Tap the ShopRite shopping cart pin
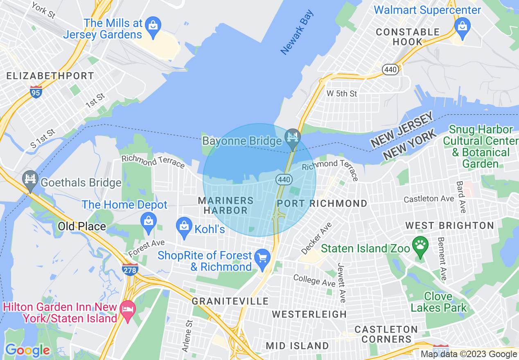coord(262,258)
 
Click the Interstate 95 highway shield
coord(36,93)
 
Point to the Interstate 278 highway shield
coord(130,269)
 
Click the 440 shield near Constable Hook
coord(390,70)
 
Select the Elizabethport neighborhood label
coord(50,76)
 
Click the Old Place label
coord(82,226)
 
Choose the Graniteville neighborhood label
coord(230,301)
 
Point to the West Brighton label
coord(449,226)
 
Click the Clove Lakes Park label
coord(439,302)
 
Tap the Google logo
coord(27,350)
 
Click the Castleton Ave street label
coord(429,199)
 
